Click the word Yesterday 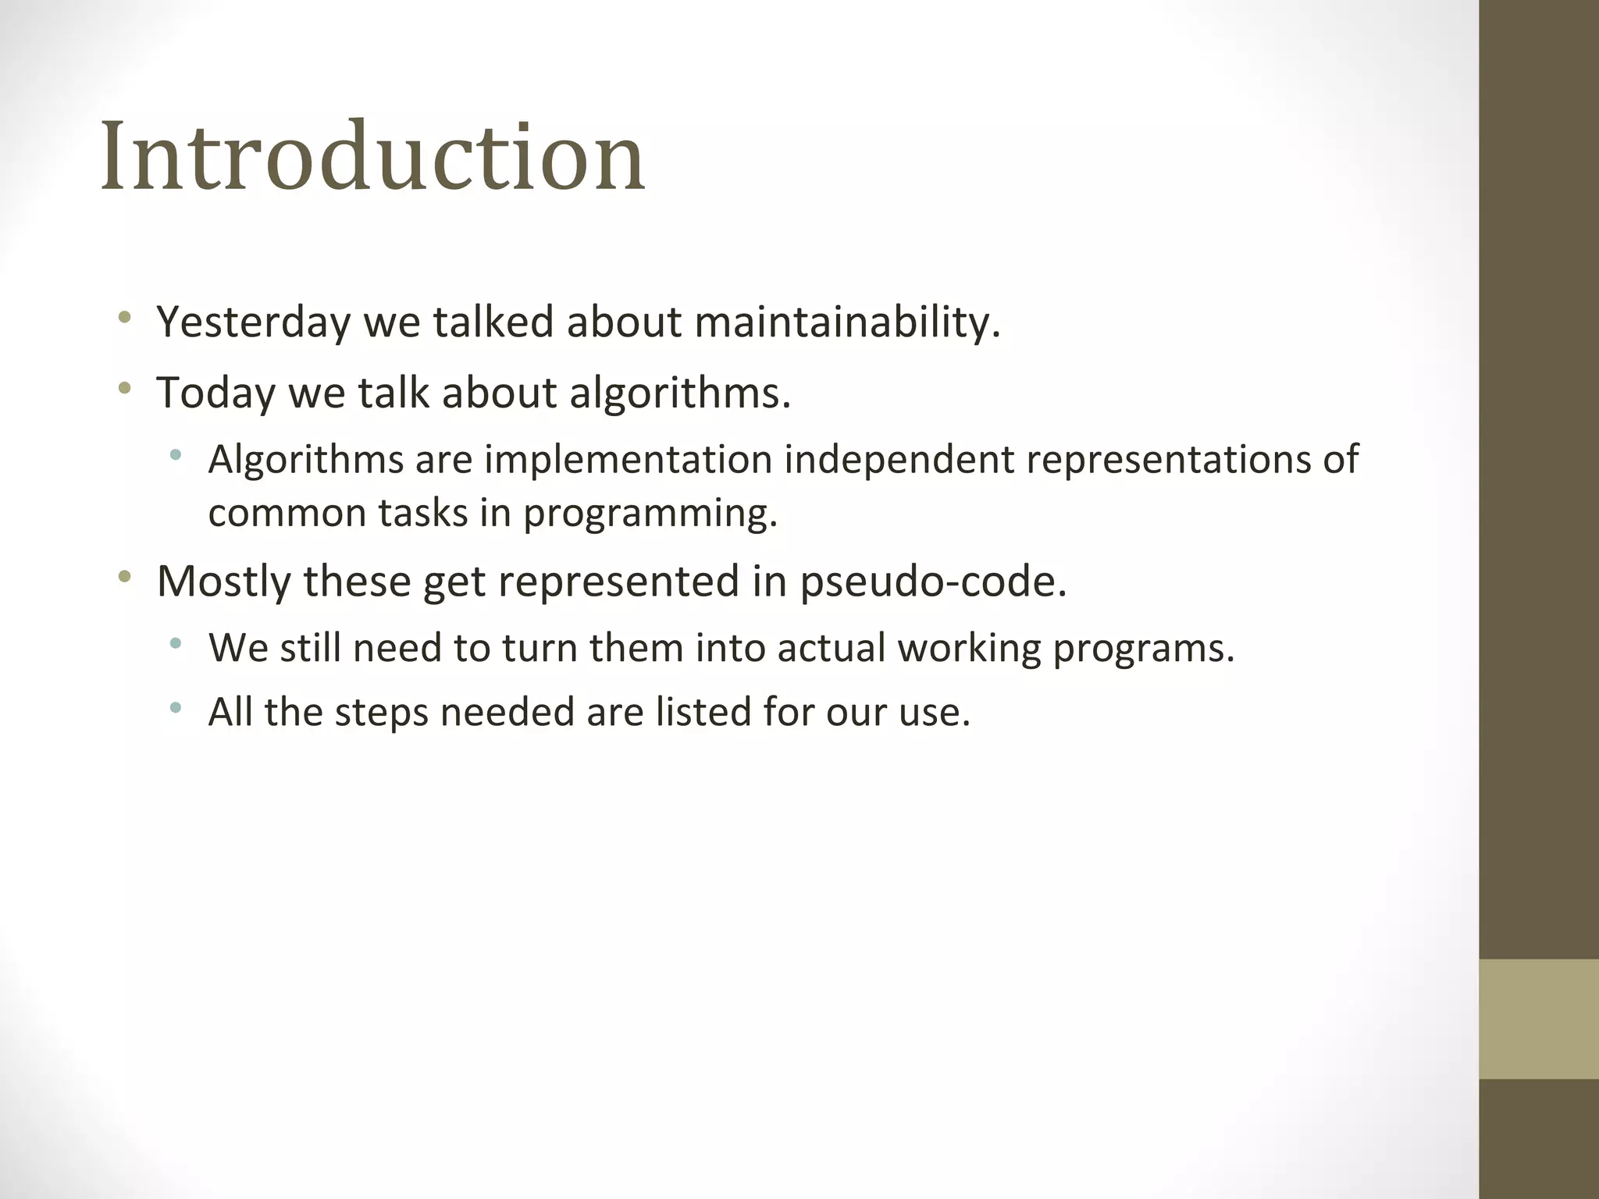(x=254, y=322)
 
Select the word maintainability (x=846, y=322)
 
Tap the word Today (x=215, y=392)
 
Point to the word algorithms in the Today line (x=679, y=392)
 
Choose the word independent (x=899, y=459)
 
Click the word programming (x=650, y=514)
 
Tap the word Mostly (x=224, y=582)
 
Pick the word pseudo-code (x=933, y=582)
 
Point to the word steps (x=381, y=712)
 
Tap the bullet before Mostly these (x=124, y=578)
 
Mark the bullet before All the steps (x=176, y=708)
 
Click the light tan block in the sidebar (x=1538, y=1019)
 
